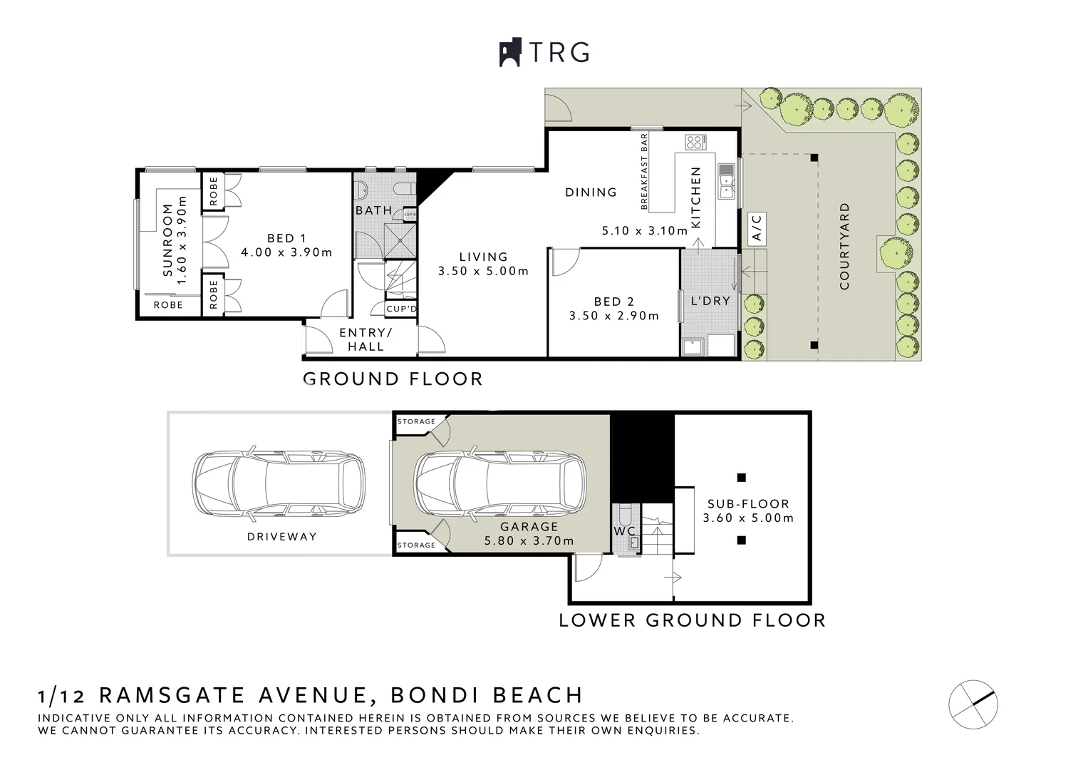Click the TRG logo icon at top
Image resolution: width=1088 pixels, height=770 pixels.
(510, 53)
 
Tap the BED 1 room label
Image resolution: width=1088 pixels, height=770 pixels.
(286, 238)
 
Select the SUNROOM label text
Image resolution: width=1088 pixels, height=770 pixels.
(168, 240)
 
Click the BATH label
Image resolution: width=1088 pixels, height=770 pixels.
(374, 210)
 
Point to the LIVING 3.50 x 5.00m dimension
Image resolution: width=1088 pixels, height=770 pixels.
(483, 271)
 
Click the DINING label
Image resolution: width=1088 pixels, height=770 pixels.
(591, 192)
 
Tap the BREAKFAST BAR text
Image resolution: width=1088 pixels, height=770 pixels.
(644, 171)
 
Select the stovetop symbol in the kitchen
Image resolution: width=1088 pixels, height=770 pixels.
(695, 141)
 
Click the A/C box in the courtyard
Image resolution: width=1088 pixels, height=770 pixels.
(757, 227)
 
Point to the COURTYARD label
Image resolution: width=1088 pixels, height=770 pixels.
(845, 247)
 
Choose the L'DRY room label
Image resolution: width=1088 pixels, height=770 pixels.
(710, 301)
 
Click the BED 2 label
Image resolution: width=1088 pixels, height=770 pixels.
(613, 302)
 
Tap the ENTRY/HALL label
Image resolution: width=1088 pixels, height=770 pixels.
(366, 340)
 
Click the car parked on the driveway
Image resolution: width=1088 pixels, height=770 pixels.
(279, 483)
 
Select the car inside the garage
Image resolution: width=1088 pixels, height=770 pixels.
(501, 483)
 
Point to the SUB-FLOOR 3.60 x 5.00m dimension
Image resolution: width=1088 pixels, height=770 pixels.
(747, 518)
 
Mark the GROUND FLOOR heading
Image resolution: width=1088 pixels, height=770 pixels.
(393, 379)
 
